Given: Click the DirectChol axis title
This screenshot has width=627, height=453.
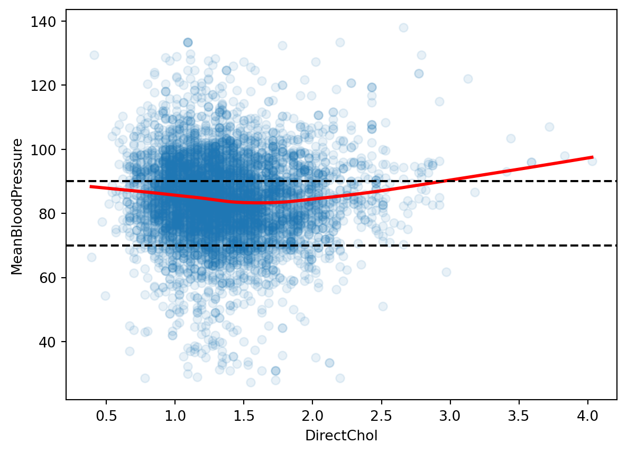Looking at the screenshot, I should coord(341,436).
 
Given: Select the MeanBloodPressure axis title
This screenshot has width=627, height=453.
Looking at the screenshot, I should coord(17,206).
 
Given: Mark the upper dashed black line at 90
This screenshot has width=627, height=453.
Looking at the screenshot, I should coord(529,181).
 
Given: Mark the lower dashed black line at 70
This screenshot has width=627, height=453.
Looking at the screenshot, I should coord(529,246).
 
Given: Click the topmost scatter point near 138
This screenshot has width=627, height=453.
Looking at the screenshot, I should coord(403,27).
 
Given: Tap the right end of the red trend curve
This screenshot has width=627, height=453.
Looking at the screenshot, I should coord(593,157).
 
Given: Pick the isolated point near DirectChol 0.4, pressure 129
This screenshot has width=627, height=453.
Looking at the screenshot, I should coord(94,55).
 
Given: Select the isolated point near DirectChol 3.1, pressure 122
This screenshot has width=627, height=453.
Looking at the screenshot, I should coord(468,79).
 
